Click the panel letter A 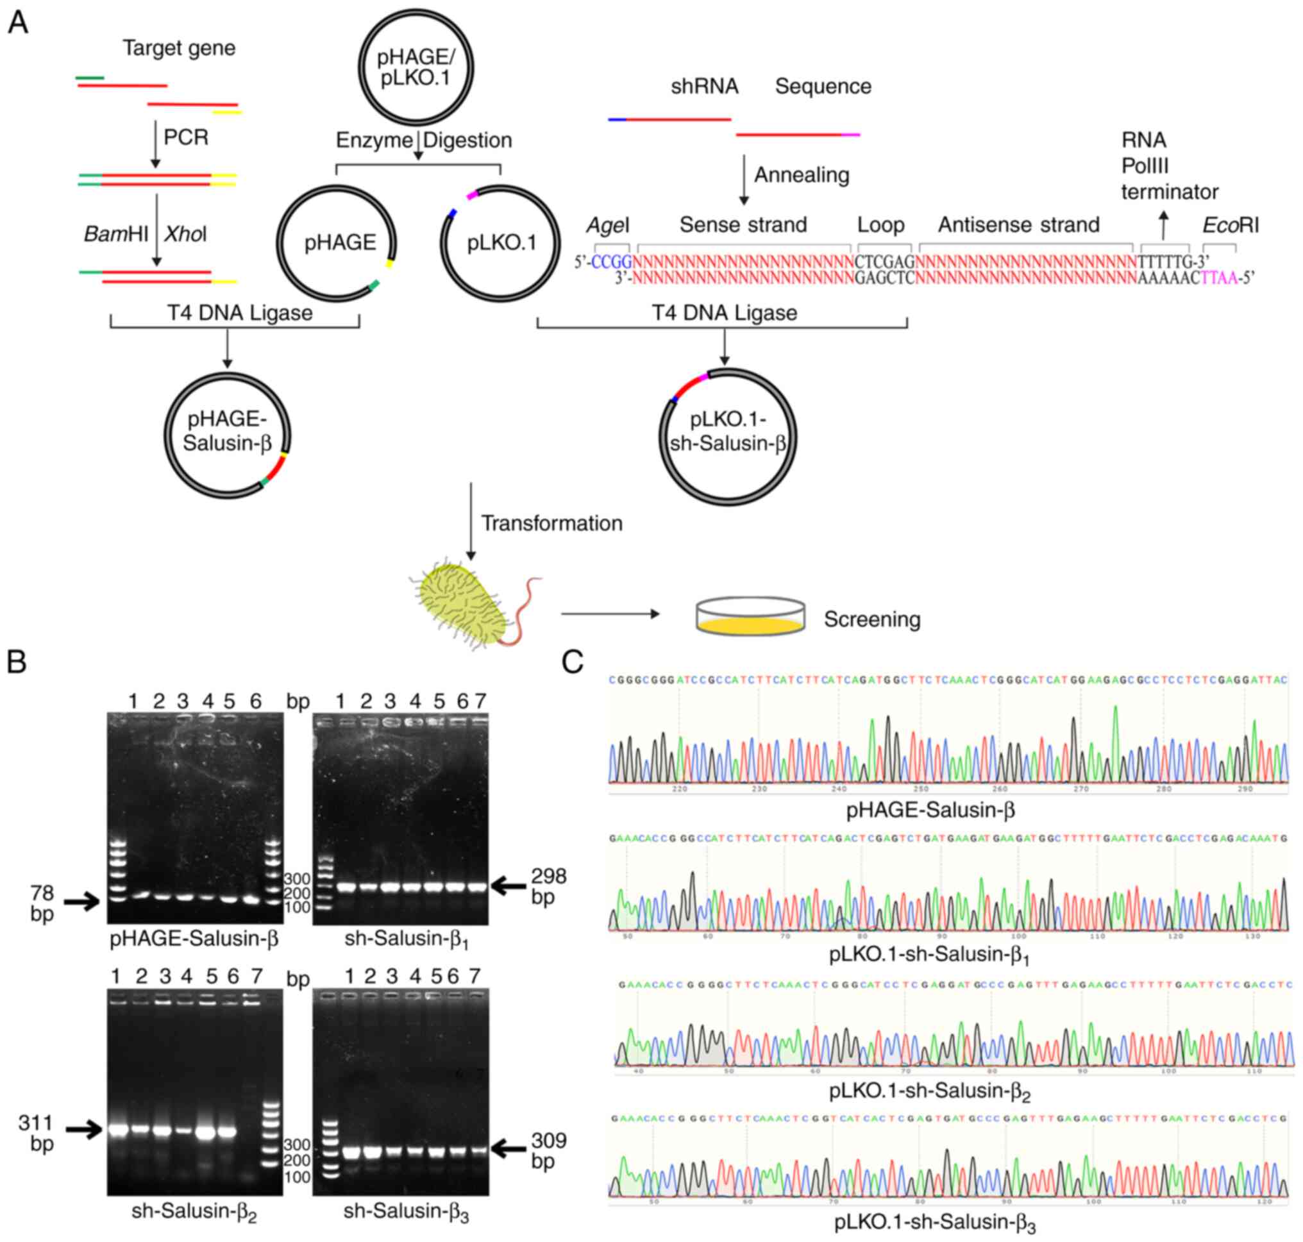click(x=18, y=24)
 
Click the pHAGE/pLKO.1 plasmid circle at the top click(x=415, y=67)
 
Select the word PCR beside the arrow click(x=186, y=138)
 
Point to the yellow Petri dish click(x=750, y=617)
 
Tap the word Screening click(x=871, y=619)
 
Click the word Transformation click(x=551, y=523)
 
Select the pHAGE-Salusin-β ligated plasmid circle click(x=227, y=435)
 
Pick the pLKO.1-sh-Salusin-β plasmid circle click(x=727, y=435)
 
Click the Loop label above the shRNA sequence click(x=880, y=225)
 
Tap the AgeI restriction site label click(x=607, y=226)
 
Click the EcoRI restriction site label click(x=1230, y=226)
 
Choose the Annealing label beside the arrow click(x=801, y=175)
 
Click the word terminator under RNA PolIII click(x=1169, y=192)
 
